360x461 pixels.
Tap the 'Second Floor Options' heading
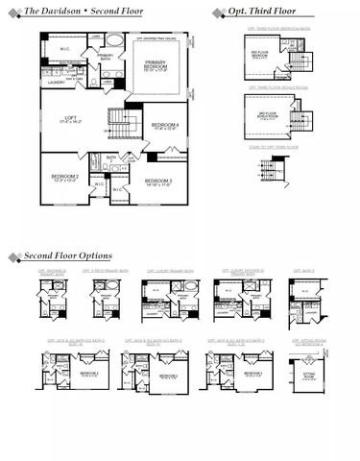tap(68, 255)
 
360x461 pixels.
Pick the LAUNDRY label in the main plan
tap(56, 83)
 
